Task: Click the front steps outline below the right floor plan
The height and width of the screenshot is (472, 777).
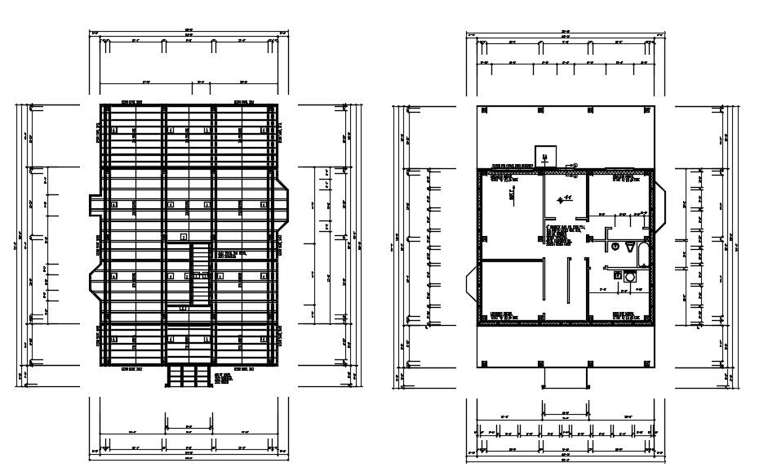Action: (565, 375)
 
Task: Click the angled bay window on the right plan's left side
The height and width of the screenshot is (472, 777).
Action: (470, 284)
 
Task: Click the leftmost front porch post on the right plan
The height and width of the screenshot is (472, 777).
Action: (485, 363)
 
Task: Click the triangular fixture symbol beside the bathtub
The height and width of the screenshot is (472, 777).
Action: (628, 247)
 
